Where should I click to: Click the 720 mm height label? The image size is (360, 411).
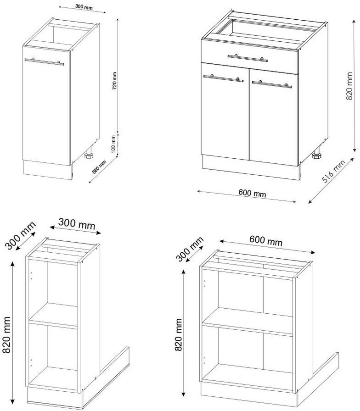click(x=115, y=81)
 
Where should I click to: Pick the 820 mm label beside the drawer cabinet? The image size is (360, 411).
click(x=349, y=87)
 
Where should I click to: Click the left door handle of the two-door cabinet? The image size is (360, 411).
click(x=224, y=78)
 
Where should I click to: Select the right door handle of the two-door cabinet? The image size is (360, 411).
click(x=271, y=84)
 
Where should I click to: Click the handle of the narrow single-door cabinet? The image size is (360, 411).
click(x=44, y=61)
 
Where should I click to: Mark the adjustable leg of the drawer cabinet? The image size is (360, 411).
click(x=316, y=155)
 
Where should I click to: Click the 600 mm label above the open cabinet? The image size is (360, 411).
click(x=265, y=240)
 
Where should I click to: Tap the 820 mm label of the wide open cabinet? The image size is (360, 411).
click(x=178, y=335)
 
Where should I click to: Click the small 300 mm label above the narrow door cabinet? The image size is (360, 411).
click(x=73, y=8)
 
